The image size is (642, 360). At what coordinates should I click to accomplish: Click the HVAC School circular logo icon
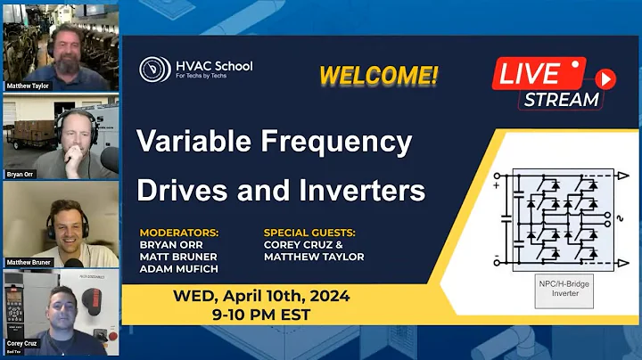pos(155,70)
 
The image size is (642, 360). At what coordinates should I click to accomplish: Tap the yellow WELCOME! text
pos(379,76)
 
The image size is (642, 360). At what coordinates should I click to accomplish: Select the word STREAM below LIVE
pos(561,99)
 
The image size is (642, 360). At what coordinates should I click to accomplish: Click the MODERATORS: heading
pos(179,233)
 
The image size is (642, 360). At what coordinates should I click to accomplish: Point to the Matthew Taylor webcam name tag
pos(28,86)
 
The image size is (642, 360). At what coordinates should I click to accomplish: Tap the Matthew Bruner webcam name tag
pos(29,262)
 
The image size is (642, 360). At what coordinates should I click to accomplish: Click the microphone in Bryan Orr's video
pos(109,158)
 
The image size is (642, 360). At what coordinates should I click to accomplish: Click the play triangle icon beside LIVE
pos(605,78)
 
